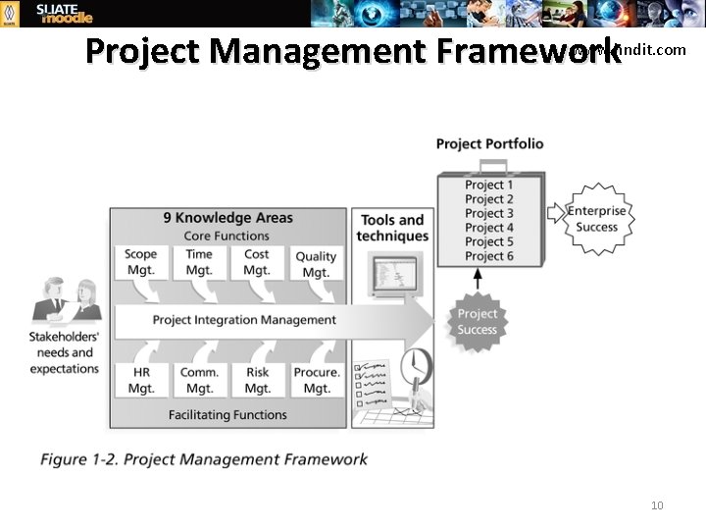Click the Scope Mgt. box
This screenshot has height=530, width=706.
[140, 262]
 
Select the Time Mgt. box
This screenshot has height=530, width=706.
[198, 262]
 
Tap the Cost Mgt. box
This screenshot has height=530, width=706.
[257, 262]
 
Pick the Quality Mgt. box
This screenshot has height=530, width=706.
[316, 264]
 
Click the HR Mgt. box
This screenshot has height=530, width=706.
[141, 380]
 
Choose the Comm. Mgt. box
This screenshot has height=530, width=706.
[199, 380]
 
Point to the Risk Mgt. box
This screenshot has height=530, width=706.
[258, 380]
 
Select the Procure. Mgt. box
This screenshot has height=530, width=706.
[317, 380]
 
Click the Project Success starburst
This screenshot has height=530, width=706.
[478, 322]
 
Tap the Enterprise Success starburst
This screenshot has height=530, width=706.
[597, 219]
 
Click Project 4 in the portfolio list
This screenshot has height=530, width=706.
[488, 228]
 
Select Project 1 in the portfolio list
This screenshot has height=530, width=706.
[488, 185]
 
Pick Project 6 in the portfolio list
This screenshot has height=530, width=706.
[488, 256]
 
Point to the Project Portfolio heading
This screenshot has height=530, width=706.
[489, 144]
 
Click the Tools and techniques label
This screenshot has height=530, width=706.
[392, 228]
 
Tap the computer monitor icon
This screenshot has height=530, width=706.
[392, 274]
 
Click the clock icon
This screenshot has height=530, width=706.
[417, 366]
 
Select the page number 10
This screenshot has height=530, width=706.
[657, 505]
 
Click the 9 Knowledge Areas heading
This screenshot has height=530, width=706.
[227, 218]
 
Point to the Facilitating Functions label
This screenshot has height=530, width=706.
[227, 415]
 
